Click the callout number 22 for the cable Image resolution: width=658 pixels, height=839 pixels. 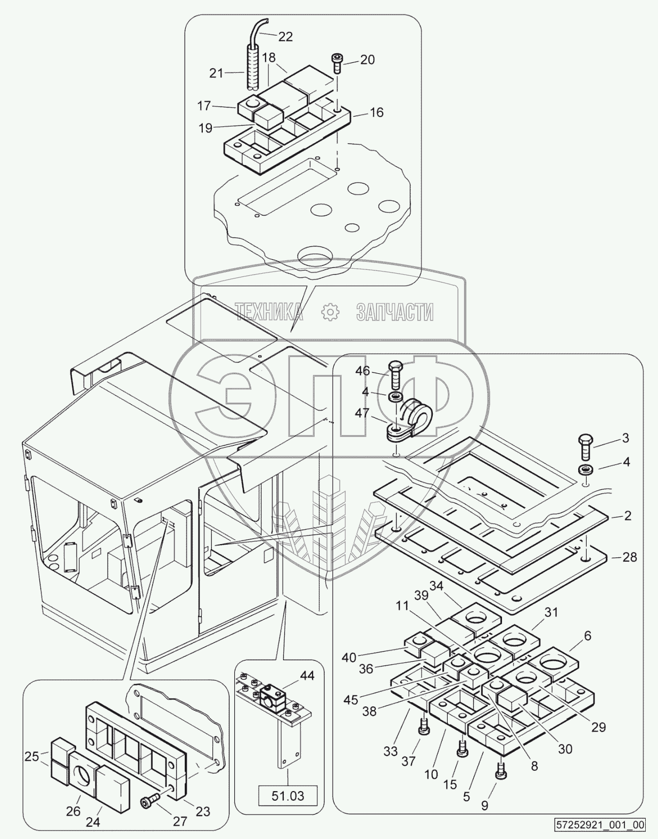285,37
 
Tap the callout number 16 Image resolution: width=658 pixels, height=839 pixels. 376,113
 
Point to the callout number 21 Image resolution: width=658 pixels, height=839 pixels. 216,73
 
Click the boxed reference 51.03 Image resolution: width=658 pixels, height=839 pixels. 288,796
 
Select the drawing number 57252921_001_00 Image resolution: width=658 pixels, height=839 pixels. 599,825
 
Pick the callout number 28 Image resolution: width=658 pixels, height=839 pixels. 630,557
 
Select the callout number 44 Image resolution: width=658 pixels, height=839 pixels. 307,676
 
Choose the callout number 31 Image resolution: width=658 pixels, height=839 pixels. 551,612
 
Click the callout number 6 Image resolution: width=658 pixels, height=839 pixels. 587,635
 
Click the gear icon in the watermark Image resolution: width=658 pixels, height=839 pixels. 330,312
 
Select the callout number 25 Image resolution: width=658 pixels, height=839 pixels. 32,756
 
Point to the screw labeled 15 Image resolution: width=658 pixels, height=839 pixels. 461,749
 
